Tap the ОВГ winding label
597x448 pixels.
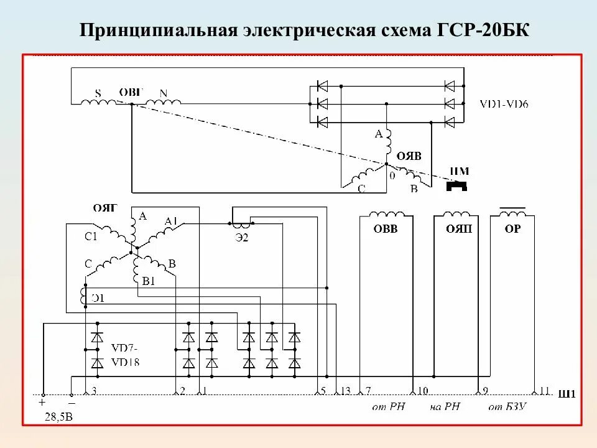pos(131,92)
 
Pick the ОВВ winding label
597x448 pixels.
pos(385,228)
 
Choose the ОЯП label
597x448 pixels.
pos(458,228)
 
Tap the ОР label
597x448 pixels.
pos(512,228)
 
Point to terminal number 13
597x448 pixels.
pos(346,390)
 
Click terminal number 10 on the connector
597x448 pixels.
pos(422,390)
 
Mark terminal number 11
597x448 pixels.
pos(545,390)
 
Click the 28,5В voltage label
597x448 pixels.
pos(58,417)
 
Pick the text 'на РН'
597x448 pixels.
pos(445,407)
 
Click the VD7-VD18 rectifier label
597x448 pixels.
pos(126,353)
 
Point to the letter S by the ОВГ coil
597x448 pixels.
pos(98,93)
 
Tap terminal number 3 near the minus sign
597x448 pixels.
pos(94,390)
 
